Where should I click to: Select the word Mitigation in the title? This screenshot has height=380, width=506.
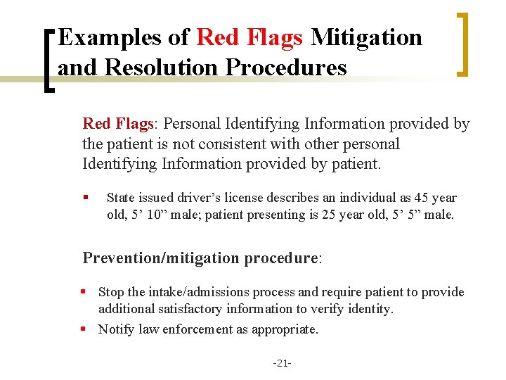click(366, 37)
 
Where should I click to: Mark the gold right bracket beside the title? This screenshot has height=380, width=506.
click(462, 44)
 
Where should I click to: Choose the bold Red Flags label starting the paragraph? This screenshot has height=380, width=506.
click(117, 125)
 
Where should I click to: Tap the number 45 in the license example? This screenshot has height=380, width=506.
click(421, 198)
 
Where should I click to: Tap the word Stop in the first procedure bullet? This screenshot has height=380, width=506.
click(111, 292)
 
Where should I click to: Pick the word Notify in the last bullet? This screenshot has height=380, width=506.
click(115, 329)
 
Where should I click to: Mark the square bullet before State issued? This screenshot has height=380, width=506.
click(85, 198)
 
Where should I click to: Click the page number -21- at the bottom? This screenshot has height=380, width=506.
click(282, 363)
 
